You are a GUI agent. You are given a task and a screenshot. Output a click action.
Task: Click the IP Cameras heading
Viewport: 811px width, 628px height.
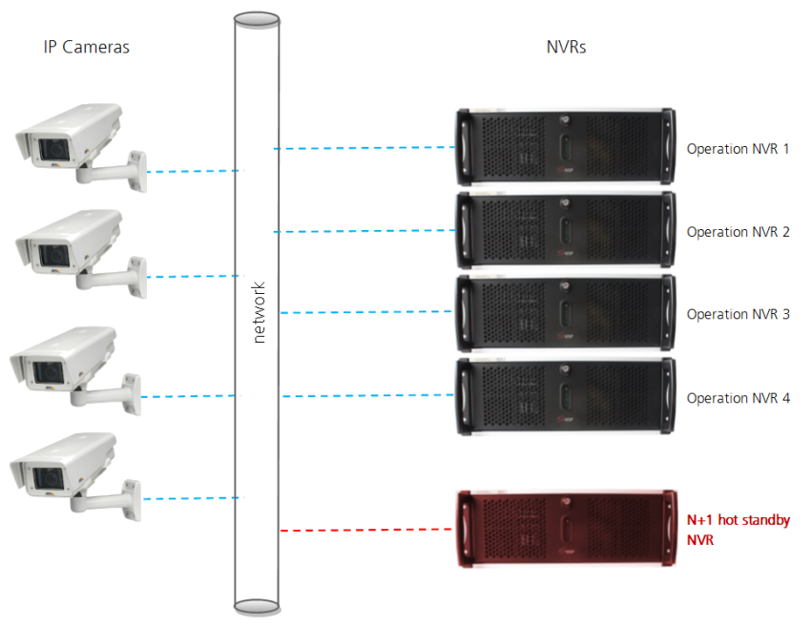click(x=86, y=47)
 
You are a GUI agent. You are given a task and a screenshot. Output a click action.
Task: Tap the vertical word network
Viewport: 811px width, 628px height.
click(x=260, y=312)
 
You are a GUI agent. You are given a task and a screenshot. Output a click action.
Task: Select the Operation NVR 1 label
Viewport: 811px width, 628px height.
click(x=738, y=149)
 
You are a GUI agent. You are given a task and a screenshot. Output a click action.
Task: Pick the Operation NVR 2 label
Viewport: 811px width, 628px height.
click(x=738, y=232)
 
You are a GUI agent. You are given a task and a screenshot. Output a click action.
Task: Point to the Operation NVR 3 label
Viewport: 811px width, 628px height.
click(x=738, y=314)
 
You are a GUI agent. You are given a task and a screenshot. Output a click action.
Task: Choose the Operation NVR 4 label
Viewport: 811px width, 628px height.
click(x=738, y=398)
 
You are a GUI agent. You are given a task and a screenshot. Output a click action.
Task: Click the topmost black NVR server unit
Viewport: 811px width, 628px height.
click(x=566, y=148)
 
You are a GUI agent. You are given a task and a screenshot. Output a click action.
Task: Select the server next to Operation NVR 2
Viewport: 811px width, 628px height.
click(x=566, y=231)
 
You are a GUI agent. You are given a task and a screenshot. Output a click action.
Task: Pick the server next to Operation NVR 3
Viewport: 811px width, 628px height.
click(x=566, y=313)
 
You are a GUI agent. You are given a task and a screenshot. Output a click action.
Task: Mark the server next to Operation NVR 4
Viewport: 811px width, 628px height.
click(x=566, y=396)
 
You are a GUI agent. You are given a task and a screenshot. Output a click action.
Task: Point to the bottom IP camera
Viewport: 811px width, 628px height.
click(x=74, y=472)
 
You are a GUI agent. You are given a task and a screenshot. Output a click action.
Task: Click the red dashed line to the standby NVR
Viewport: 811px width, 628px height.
click(x=367, y=530)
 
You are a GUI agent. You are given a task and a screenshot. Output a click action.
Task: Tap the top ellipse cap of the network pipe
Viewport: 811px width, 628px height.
click(x=257, y=18)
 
